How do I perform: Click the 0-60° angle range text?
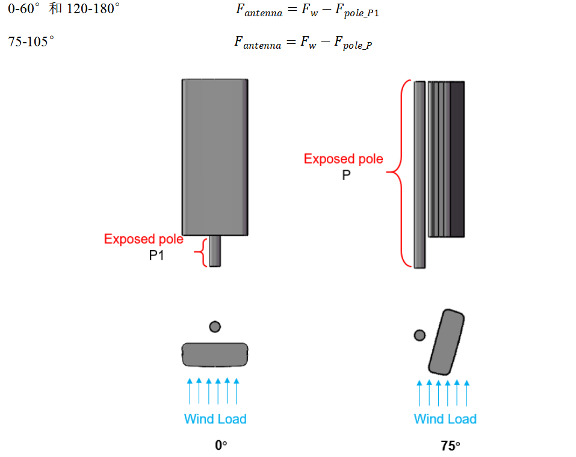pos(23,8)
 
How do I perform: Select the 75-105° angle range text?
pos(31,41)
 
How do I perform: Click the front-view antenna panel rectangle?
pos(215,157)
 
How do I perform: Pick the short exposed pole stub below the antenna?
pos(215,251)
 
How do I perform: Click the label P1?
pos(156,255)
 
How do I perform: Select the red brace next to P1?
pos(201,252)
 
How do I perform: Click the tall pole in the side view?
pos(420,175)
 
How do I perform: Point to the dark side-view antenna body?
pos(447,159)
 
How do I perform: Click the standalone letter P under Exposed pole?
pos(346,175)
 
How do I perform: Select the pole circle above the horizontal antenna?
pos(215,327)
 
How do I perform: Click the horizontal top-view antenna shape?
pos(215,355)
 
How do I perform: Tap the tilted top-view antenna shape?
pos(447,342)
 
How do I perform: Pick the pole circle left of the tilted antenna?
pos(420,335)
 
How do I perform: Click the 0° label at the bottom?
pos(221,445)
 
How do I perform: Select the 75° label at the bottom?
pos(450,446)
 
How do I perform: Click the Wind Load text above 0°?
pos(215,419)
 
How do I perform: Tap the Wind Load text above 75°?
pos(445,419)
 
